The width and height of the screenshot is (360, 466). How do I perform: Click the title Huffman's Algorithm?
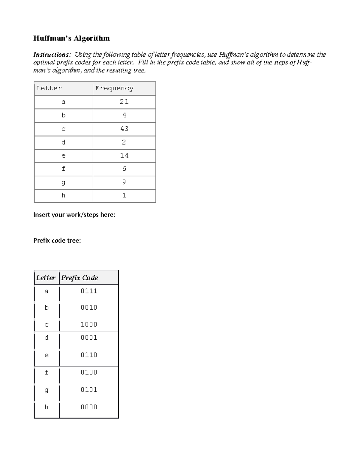[71, 38]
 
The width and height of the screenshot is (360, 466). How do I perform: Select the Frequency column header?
[114, 88]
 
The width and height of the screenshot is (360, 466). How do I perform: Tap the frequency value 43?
[124, 129]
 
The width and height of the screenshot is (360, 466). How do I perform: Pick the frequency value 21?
[124, 102]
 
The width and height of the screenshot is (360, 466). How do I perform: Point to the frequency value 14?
[124, 155]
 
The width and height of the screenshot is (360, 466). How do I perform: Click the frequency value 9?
[124, 182]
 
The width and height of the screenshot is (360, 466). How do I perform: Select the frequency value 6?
[124, 169]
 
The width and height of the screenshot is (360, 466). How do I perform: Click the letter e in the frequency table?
[63, 156]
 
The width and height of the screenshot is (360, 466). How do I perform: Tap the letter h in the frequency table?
[63, 196]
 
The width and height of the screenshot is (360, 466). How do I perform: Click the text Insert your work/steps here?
[74, 215]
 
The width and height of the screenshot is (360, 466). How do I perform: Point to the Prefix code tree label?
[57, 241]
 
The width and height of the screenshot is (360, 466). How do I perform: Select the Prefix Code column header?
[79, 278]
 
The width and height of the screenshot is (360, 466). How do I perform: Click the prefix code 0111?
[89, 291]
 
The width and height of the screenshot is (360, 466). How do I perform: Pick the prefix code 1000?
[89, 324]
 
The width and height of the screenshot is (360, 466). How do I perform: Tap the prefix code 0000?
[89, 407]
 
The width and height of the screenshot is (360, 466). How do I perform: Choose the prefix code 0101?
[89, 390]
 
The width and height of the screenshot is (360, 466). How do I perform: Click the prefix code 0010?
[89, 308]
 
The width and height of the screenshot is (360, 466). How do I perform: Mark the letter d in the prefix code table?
[46, 338]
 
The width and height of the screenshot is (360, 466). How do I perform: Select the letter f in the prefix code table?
[46, 372]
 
